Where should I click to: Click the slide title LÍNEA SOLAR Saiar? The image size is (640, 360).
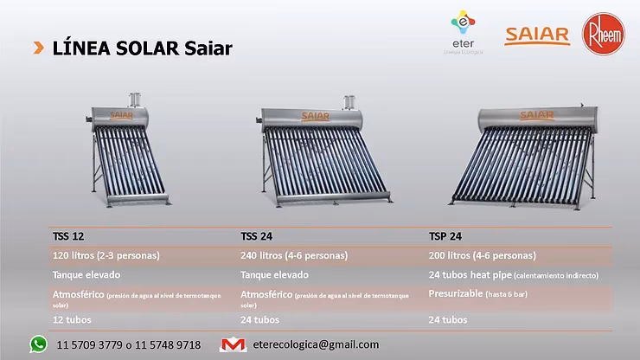pos(142,48)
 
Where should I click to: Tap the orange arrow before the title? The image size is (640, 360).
pos(39,47)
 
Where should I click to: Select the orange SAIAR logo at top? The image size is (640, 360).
pos(537,35)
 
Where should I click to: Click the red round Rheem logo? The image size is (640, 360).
pos(603,35)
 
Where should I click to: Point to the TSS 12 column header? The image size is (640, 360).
pos(68,235)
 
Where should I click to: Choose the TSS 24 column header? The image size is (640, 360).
pos(255,235)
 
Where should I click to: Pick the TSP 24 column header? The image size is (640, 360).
pos(445,235)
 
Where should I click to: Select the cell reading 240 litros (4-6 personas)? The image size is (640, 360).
pos(294,255)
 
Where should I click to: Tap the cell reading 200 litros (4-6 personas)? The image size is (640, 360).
pos(482,255)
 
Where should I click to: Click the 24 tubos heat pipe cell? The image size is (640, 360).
pos(513,275)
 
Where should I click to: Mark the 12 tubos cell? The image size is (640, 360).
pos(72,319)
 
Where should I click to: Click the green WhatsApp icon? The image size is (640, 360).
pos(38,344)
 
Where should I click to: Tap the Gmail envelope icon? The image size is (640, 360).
pos(234,344)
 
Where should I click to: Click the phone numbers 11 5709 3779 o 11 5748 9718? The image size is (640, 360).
pos(129,344)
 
